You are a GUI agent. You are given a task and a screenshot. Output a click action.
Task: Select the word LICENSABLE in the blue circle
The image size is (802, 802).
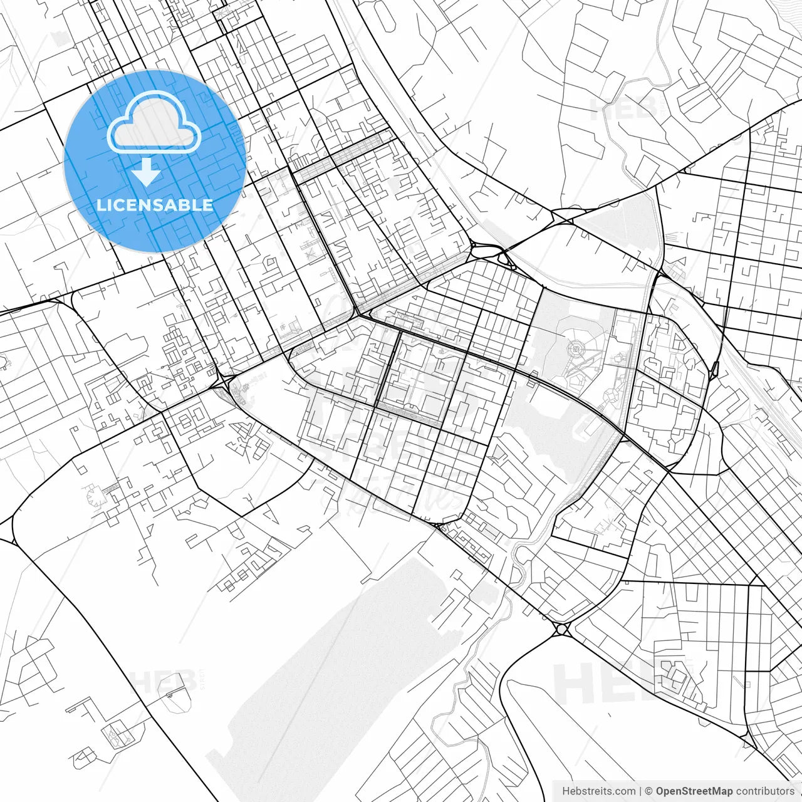coord(154,205)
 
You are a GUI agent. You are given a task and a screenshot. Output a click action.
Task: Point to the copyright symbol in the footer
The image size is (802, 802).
coord(649,791)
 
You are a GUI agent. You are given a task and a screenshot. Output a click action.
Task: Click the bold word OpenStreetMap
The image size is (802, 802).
coord(694,791)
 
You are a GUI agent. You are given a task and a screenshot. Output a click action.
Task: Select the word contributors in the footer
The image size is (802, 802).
coord(764,791)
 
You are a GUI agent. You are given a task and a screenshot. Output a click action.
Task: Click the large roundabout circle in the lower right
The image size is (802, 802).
coord(561,629)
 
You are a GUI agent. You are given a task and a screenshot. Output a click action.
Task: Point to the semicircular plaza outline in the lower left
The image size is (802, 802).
coord(97,497)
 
